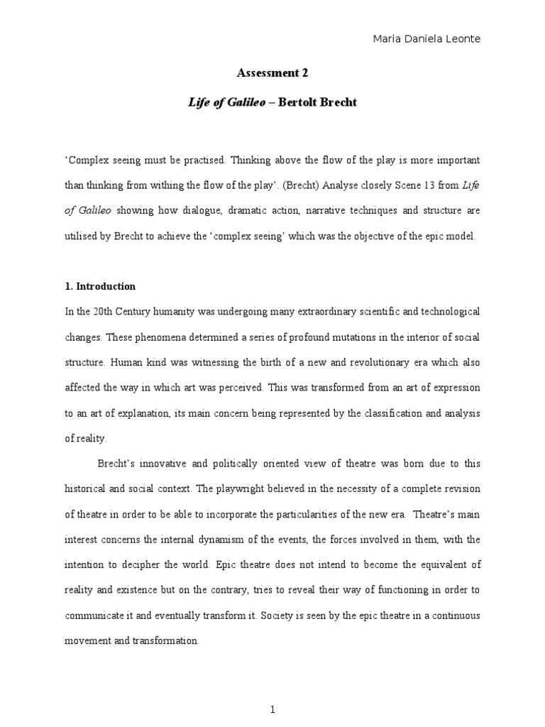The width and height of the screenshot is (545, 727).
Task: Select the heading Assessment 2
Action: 272,73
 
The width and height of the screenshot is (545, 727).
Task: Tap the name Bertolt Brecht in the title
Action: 317,103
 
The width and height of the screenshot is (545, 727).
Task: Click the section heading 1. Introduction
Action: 100,287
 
